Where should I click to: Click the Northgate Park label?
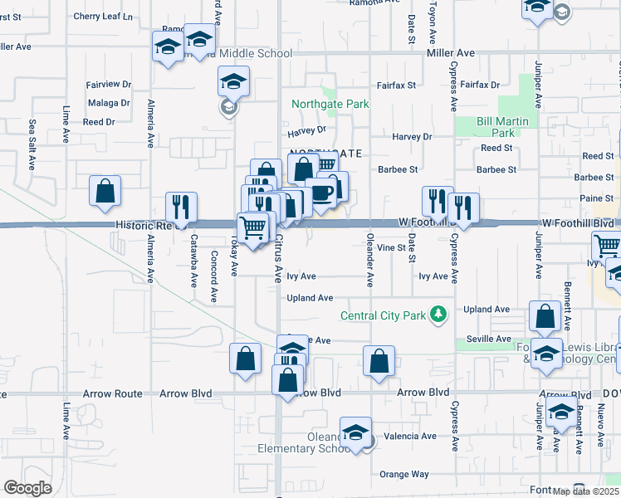[x=330, y=105]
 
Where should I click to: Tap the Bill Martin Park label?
[x=496, y=127]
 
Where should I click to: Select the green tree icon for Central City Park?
[x=438, y=315]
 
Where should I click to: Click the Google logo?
[x=27, y=487]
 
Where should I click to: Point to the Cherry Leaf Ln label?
[x=103, y=16]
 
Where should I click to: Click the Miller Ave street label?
[x=450, y=53]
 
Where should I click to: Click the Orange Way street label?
[x=403, y=474]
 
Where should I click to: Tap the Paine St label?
[x=597, y=198]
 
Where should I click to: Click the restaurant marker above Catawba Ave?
[x=181, y=208]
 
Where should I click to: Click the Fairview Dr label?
[x=109, y=85]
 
